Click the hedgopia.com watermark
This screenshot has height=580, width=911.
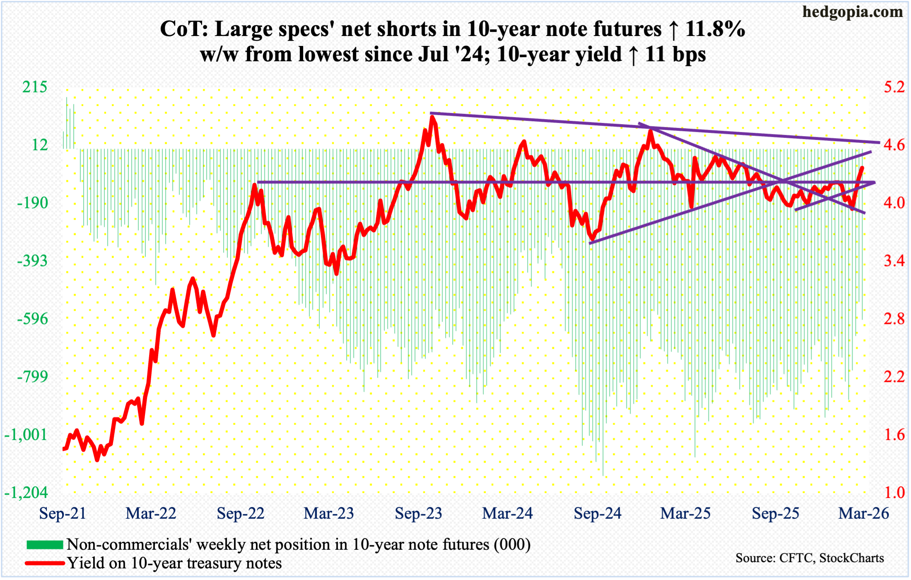click(852, 12)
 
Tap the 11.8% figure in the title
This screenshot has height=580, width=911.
click(715, 29)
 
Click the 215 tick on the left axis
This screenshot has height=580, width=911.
click(35, 87)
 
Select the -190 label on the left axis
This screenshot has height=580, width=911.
click(32, 203)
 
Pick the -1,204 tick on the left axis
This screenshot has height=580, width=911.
click(26, 493)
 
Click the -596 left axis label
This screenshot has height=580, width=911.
click(32, 319)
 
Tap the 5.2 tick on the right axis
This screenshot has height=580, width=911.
click(894, 87)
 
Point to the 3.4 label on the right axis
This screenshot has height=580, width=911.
click(894, 261)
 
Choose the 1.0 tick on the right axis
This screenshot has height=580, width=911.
click(894, 493)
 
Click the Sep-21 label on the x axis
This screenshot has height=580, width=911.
click(63, 513)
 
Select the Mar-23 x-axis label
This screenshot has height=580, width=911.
click(329, 513)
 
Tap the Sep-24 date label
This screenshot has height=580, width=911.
click(597, 513)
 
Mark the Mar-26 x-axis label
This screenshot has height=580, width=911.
click(863, 513)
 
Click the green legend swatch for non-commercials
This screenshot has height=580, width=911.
click(45, 544)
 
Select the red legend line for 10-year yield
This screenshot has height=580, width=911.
click(45, 563)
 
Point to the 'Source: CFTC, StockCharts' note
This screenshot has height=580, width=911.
click(810, 558)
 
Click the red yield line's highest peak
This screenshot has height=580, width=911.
click(432, 118)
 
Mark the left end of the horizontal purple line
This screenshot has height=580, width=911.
click(258, 182)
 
